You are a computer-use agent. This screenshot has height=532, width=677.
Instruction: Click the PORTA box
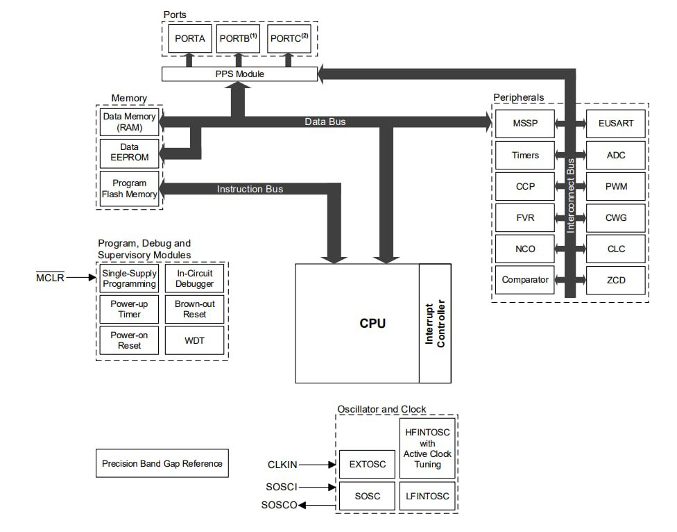189,38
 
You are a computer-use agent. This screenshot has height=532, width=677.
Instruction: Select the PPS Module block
239,74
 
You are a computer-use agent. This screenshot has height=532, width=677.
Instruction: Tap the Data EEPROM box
129,152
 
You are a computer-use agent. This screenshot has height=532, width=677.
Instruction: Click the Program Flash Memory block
129,189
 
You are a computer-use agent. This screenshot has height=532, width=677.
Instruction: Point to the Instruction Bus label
250,189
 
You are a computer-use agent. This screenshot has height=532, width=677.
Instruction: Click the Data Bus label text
325,122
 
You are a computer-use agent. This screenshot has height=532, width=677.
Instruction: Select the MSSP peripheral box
524,124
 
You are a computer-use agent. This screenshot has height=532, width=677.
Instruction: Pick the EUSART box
615,124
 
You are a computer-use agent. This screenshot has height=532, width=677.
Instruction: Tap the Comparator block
524,280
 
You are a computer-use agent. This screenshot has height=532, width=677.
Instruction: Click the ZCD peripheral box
615,280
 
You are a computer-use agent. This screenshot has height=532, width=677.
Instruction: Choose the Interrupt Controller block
434,324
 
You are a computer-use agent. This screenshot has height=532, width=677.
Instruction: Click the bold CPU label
372,324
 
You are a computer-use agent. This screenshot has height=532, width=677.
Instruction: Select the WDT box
194,340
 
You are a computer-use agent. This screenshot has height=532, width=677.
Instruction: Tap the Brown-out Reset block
194,309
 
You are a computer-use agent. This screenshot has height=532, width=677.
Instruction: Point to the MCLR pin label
49,278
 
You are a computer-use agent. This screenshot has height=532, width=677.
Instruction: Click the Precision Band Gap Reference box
162,463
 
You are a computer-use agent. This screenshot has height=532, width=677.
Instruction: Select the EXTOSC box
367,464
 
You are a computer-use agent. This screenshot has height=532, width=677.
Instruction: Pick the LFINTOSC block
427,496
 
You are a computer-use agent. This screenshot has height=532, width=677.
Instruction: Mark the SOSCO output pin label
279,505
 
